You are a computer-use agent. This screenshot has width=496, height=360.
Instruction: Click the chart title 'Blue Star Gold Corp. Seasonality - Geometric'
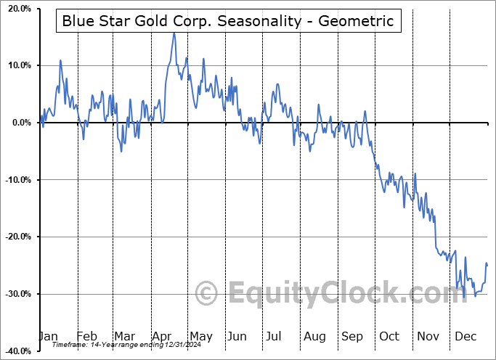(x=227, y=21)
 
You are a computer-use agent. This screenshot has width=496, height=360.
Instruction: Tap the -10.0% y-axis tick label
(x=15, y=180)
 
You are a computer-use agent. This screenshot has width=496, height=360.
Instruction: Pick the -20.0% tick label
(x=15, y=237)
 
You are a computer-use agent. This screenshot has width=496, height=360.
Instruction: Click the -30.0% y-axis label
(x=15, y=294)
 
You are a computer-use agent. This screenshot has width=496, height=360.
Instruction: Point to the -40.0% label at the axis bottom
(x=15, y=351)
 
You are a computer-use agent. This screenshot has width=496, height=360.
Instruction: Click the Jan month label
(x=48, y=336)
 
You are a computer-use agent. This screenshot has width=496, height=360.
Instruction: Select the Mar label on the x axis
(x=124, y=336)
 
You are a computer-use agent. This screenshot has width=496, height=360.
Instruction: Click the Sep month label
(x=352, y=336)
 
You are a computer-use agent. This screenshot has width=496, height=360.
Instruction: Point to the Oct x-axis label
(x=389, y=336)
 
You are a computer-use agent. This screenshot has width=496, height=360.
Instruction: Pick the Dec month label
(x=465, y=336)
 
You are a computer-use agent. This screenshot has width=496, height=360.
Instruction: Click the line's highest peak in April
(x=174, y=33)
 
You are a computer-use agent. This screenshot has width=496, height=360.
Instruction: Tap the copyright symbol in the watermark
(x=207, y=294)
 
